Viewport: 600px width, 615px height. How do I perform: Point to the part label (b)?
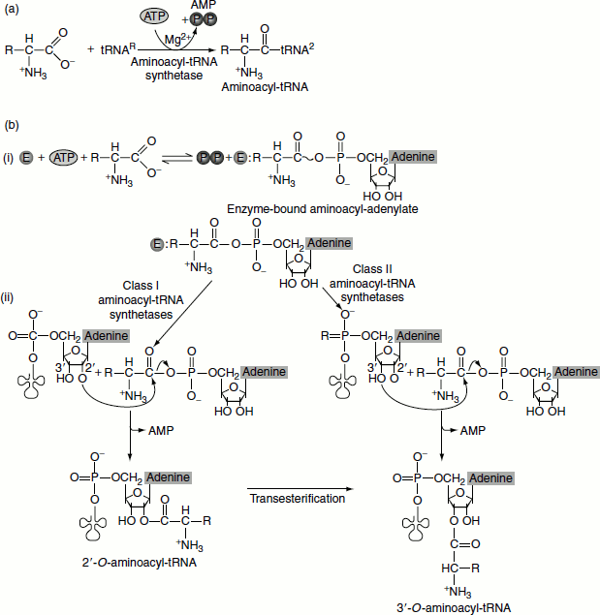point(14,126)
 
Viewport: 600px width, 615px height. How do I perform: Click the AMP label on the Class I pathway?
point(160,428)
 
